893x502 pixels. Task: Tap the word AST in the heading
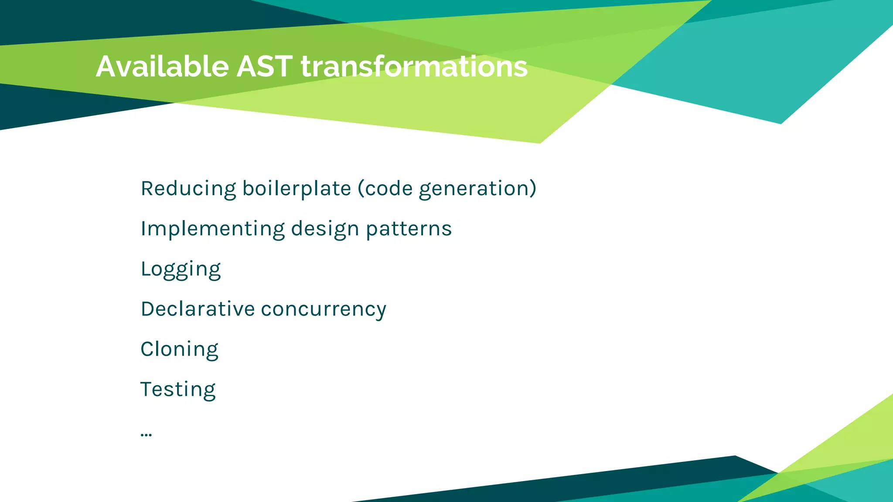click(264, 67)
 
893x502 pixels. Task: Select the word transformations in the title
click(414, 67)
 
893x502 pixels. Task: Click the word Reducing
click(188, 189)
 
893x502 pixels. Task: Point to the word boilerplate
click(297, 189)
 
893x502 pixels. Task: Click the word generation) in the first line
click(477, 189)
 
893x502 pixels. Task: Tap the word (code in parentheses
click(385, 189)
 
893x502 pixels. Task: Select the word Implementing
click(212, 229)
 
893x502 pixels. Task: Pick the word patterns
click(409, 229)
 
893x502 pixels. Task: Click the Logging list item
click(181, 269)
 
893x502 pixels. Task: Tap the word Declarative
click(198, 309)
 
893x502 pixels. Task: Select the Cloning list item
click(179, 349)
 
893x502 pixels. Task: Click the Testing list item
click(178, 390)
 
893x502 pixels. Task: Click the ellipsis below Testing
click(146, 434)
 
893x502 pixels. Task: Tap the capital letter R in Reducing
click(147, 189)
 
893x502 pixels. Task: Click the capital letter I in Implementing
click(143, 229)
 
